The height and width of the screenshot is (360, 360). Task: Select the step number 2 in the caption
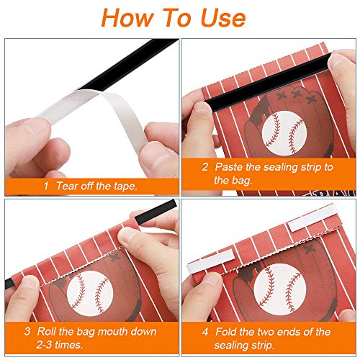(x=205, y=166)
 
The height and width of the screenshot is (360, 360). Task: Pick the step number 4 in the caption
(x=205, y=332)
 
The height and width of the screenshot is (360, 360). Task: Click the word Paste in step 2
(x=230, y=166)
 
